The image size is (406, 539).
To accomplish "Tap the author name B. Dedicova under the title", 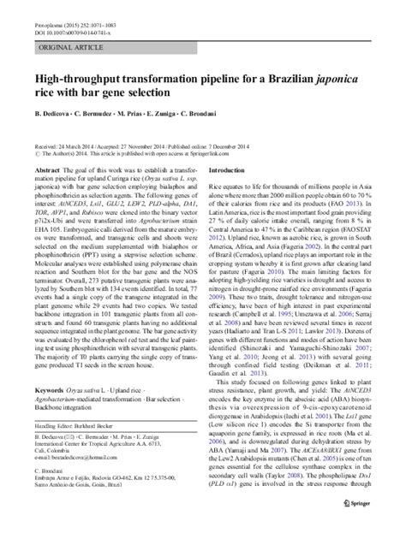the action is [x=57, y=115].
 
